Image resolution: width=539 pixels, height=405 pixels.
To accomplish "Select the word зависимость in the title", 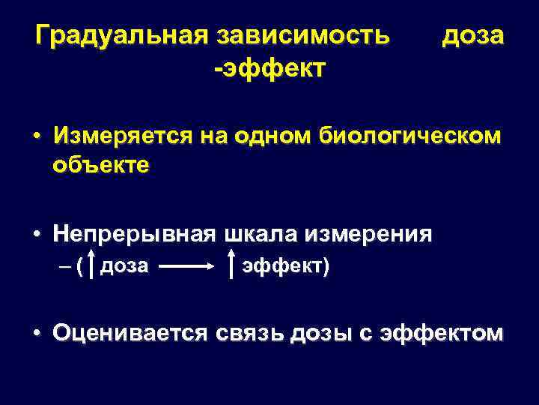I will [302, 35].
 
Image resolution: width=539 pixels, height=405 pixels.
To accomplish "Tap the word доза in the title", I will [473, 35].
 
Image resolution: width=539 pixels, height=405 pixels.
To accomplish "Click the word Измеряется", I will [123, 136].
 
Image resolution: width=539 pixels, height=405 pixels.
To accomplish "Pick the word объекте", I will [101, 164].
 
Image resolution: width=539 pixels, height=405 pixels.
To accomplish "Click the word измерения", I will [368, 234].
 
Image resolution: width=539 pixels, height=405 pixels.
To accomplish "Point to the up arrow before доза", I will [91, 265].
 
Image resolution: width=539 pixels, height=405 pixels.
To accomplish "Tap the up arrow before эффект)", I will [231, 265].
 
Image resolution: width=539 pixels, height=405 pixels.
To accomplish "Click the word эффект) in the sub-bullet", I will [284, 265].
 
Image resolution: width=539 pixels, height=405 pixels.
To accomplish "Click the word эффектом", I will [442, 332].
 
